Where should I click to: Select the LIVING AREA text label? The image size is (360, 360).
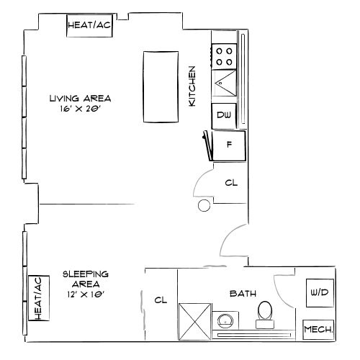click(x=71, y=99)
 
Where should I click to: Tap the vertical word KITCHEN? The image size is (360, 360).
click(x=192, y=87)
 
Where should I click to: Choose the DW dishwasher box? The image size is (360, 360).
click(x=222, y=115)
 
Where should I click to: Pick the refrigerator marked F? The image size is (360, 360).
click(x=229, y=145)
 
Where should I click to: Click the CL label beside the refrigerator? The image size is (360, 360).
click(x=231, y=183)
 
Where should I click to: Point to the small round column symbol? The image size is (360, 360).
click(x=204, y=207)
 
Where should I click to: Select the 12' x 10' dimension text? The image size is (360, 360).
click(x=86, y=294)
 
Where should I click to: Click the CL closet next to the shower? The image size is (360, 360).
click(x=161, y=300)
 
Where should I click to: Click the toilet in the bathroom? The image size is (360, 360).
click(x=264, y=312)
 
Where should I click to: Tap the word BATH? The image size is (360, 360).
click(x=240, y=294)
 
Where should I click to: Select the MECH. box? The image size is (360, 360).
click(x=318, y=330)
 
